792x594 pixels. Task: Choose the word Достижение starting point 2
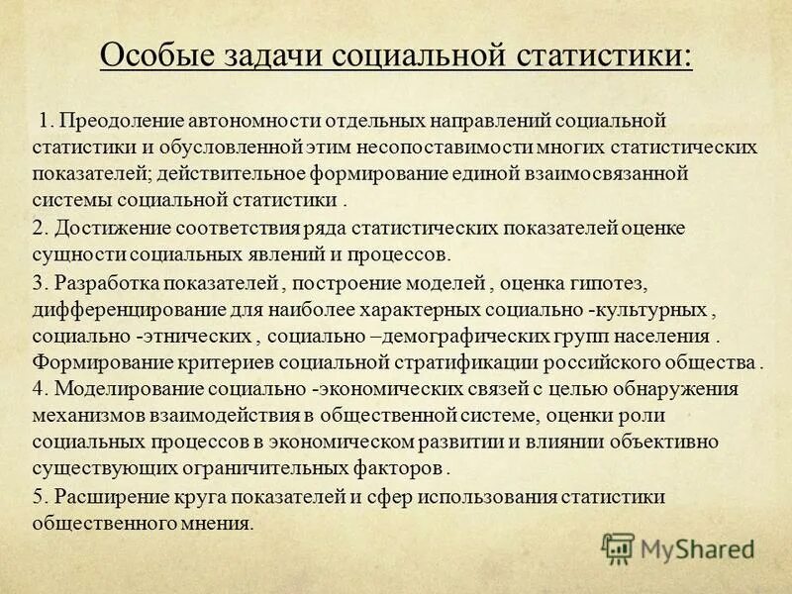coord(102,228)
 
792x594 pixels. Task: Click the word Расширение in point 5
coord(102,496)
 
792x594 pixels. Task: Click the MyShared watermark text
coord(697,546)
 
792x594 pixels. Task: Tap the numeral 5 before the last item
coord(39,496)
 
